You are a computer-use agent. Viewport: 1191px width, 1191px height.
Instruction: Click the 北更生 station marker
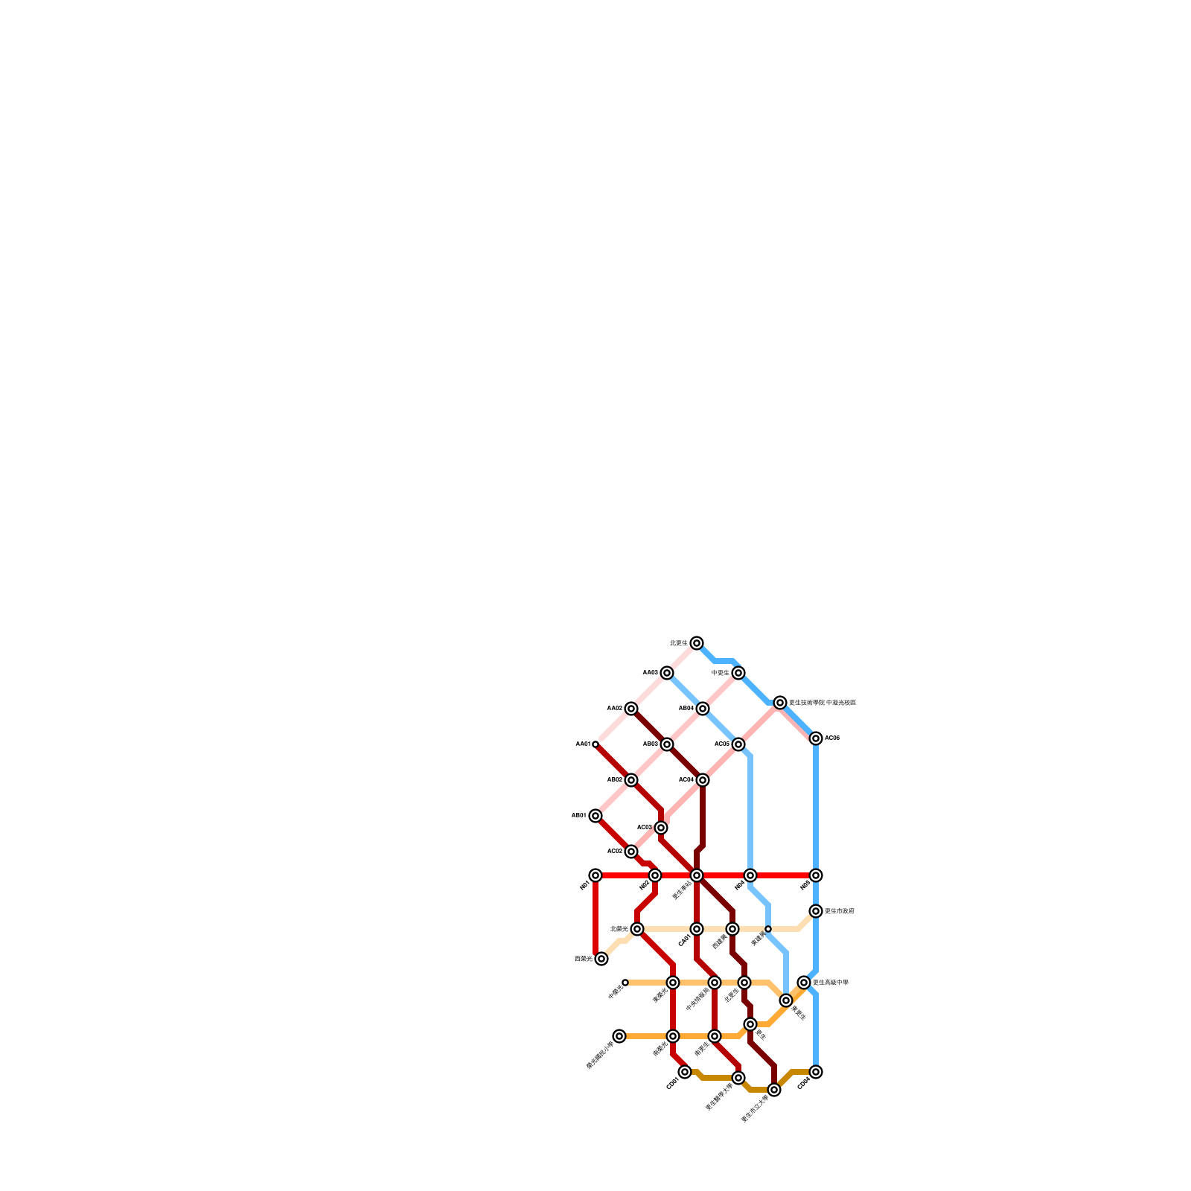[x=696, y=643]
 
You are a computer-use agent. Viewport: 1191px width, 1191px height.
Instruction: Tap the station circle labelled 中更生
[x=738, y=673]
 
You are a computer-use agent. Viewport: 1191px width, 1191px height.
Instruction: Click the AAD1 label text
[x=583, y=744]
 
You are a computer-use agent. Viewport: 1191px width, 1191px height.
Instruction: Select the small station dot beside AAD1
[x=595, y=744]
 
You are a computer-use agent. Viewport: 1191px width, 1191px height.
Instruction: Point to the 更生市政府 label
[x=840, y=911]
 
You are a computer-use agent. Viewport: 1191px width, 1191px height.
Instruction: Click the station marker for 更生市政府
[x=816, y=911]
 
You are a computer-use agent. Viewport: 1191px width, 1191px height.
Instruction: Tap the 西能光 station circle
[x=601, y=959]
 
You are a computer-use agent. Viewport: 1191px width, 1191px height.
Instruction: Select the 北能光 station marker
[x=637, y=929]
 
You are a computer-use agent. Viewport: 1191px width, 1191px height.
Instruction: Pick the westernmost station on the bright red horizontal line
[x=595, y=875]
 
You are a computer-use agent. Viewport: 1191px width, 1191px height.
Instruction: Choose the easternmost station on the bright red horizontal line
[x=816, y=875]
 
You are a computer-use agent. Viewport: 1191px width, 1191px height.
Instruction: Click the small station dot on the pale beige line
[x=768, y=929]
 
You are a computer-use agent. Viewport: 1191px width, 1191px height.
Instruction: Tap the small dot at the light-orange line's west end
[x=625, y=983]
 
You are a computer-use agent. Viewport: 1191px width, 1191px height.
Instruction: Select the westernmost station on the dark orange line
[x=619, y=1036]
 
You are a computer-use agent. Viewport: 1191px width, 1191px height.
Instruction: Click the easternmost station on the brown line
[x=816, y=1072]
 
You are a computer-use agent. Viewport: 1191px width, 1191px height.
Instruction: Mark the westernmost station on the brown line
[x=685, y=1072]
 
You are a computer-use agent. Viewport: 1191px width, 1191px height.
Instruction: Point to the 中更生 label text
[x=721, y=673]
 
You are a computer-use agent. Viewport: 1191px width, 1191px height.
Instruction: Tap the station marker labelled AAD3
[x=667, y=673]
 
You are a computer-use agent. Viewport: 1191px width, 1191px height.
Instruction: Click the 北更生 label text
[x=679, y=642]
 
